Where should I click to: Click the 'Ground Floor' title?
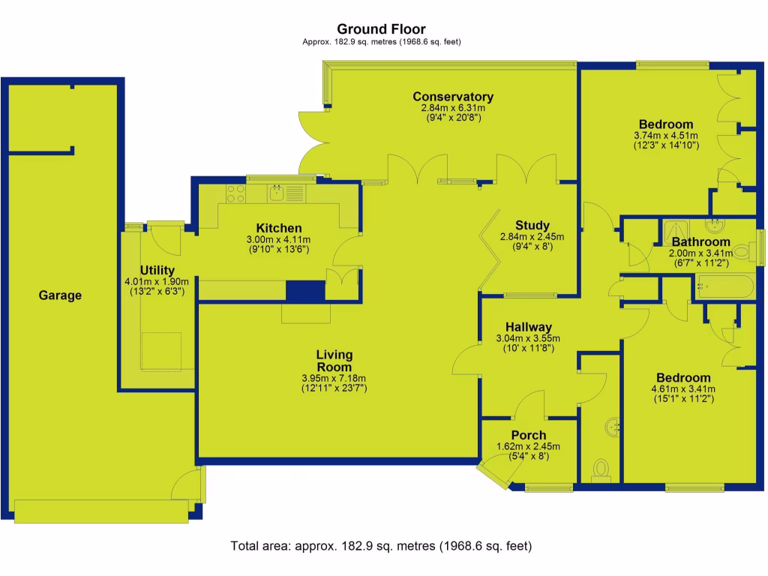click(381, 30)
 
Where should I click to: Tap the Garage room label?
click(60, 295)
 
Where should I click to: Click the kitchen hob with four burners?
click(235, 193)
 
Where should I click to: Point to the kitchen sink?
click(277, 193)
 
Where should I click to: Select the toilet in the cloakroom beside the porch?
click(601, 469)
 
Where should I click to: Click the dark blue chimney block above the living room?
click(305, 291)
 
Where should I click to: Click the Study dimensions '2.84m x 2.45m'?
click(532, 236)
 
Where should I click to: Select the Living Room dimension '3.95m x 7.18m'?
click(334, 378)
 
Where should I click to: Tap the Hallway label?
click(528, 327)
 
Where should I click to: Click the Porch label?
click(528, 435)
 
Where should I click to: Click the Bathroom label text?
click(700, 242)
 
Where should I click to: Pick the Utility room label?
click(157, 271)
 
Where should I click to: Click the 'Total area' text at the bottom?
click(381, 546)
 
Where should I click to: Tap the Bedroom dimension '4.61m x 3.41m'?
click(682, 389)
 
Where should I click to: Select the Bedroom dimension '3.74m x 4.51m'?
click(666, 136)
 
